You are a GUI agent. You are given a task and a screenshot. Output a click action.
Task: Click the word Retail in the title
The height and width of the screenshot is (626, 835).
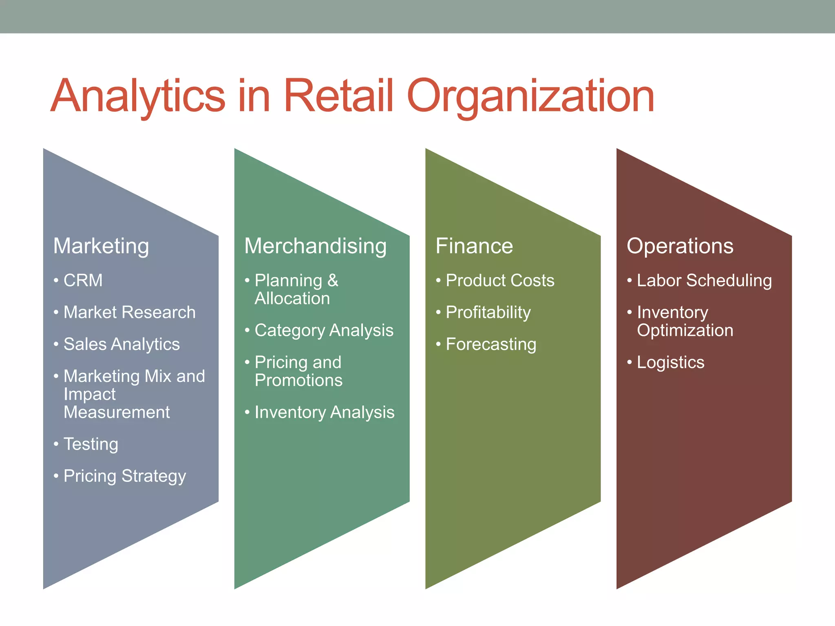[x=338, y=96]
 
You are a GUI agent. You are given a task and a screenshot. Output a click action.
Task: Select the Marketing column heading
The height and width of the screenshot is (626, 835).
[x=101, y=246]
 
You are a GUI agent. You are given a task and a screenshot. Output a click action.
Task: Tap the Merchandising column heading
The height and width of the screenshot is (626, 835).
[x=315, y=246]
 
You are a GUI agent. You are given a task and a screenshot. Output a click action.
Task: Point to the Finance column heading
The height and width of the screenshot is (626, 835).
[x=474, y=246]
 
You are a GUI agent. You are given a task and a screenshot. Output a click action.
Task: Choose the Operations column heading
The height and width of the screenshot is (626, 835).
[x=680, y=246]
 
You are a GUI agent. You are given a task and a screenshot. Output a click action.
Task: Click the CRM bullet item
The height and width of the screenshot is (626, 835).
[x=83, y=280]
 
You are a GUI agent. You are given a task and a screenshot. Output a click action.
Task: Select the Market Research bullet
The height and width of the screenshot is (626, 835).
[x=129, y=312]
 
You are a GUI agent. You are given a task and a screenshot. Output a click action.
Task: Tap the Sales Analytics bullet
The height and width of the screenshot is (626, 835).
[x=121, y=344]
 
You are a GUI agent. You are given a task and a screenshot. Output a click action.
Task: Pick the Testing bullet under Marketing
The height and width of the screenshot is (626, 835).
[x=91, y=444]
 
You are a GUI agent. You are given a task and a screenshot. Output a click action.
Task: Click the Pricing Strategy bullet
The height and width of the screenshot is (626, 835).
[x=124, y=476]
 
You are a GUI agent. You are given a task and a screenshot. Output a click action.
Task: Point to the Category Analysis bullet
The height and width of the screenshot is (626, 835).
[x=324, y=331]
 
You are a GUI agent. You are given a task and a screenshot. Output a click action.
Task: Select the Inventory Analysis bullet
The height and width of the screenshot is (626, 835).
[x=324, y=412]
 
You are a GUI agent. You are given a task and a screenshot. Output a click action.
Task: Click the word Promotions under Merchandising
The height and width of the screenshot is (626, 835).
[x=298, y=380]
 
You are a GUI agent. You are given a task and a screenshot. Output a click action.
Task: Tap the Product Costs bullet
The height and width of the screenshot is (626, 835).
[x=500, y=280]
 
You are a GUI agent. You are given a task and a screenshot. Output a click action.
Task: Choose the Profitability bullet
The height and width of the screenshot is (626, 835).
[x=488, y=313]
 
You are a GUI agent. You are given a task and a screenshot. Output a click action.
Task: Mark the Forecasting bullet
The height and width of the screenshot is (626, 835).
[x=491, y=344]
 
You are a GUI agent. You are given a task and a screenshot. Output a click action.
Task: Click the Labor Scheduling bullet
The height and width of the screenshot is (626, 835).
[x=704, y=280]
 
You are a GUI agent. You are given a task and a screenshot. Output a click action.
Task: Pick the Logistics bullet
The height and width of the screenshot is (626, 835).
[x=670, y=362]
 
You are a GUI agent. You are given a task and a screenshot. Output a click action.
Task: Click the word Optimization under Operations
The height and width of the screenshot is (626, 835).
[x=685, y=330]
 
